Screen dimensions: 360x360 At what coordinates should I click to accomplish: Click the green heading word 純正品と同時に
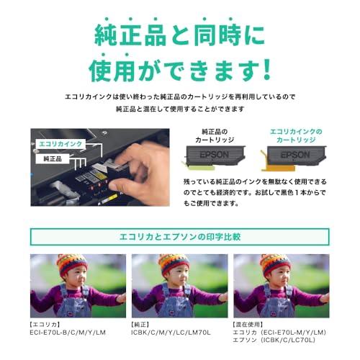(180, 34)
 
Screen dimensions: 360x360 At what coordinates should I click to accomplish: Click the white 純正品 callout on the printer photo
(51, 158)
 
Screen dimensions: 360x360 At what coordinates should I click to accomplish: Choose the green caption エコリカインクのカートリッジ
(296, 136)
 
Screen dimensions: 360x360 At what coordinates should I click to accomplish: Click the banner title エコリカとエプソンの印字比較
(180, 237)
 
